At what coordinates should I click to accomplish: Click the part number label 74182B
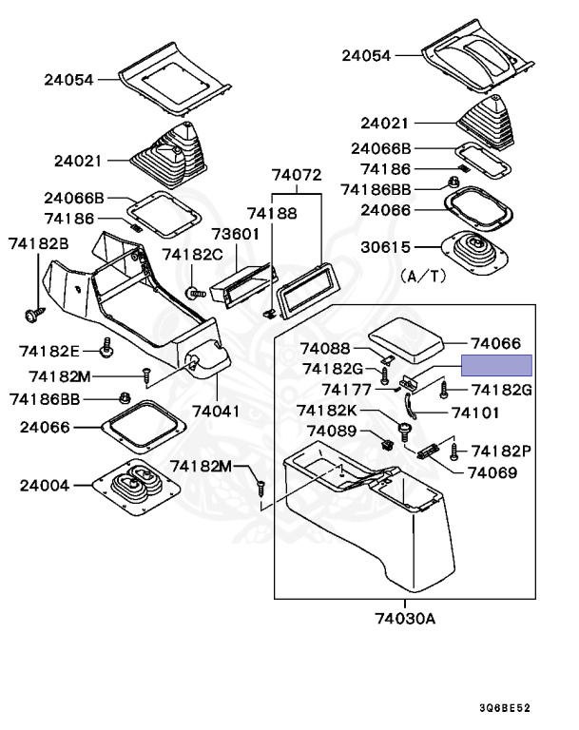(x=39, y=243)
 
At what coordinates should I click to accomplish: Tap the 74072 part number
(x=297, y=175)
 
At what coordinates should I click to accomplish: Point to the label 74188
(x=272, y=216)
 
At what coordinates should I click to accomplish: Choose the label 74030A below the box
(x=405, y=619)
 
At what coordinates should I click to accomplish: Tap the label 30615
(x=385, y=247)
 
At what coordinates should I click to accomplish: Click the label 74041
(x=217, y=412)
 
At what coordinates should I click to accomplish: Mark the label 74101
(x=474, y=413)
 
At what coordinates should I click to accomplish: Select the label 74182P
(x=502, y=450)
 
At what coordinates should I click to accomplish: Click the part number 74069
(x=492, y=472)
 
